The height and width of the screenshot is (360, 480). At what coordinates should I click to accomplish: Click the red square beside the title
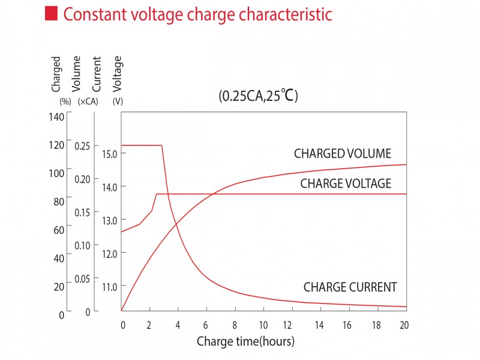52,14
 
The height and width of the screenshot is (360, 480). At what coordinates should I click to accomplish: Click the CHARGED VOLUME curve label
342,154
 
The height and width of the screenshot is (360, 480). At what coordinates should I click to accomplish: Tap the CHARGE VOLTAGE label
345,184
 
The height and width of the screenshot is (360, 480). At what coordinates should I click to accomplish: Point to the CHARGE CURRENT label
350,287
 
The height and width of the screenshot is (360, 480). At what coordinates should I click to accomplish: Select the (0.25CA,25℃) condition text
259,95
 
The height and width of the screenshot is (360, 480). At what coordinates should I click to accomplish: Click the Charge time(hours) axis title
245,342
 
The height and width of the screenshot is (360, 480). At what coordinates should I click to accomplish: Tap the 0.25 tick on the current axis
82,146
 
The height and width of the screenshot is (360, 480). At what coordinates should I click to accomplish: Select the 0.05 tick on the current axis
82,279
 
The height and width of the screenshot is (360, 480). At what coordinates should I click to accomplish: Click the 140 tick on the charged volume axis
56,116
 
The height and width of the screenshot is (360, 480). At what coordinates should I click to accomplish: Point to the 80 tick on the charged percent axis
59,202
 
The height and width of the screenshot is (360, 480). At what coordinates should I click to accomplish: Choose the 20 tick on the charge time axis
403,325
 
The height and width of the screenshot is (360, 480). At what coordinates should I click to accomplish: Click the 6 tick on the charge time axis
206,325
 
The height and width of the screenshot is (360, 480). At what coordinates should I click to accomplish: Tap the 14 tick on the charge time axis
319,325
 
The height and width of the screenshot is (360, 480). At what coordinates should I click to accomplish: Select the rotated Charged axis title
56,74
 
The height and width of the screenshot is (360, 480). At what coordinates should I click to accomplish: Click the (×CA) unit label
88,102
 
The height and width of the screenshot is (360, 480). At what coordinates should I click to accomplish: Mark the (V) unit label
118,102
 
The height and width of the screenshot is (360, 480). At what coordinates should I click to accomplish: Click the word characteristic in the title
286,14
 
